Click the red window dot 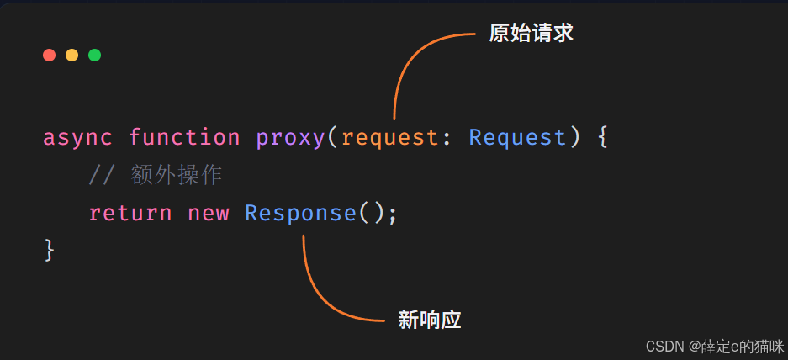[x=50, y=55]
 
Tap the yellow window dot [x=71, y=55]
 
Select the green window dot [x=94, y=55]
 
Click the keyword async [x=77, y=138]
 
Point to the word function [x=184, y=137]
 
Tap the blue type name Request [x=517, y=137]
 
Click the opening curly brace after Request [x=602, y=137]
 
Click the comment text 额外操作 [x=176, y=176]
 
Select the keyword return [x=130, y=213]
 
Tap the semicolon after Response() [x=393, y=215]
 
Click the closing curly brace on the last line [x=50, y=251]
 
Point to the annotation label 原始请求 [x=531, y=34]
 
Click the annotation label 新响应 [x=429, y=320]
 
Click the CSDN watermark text [x=715, y=347]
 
